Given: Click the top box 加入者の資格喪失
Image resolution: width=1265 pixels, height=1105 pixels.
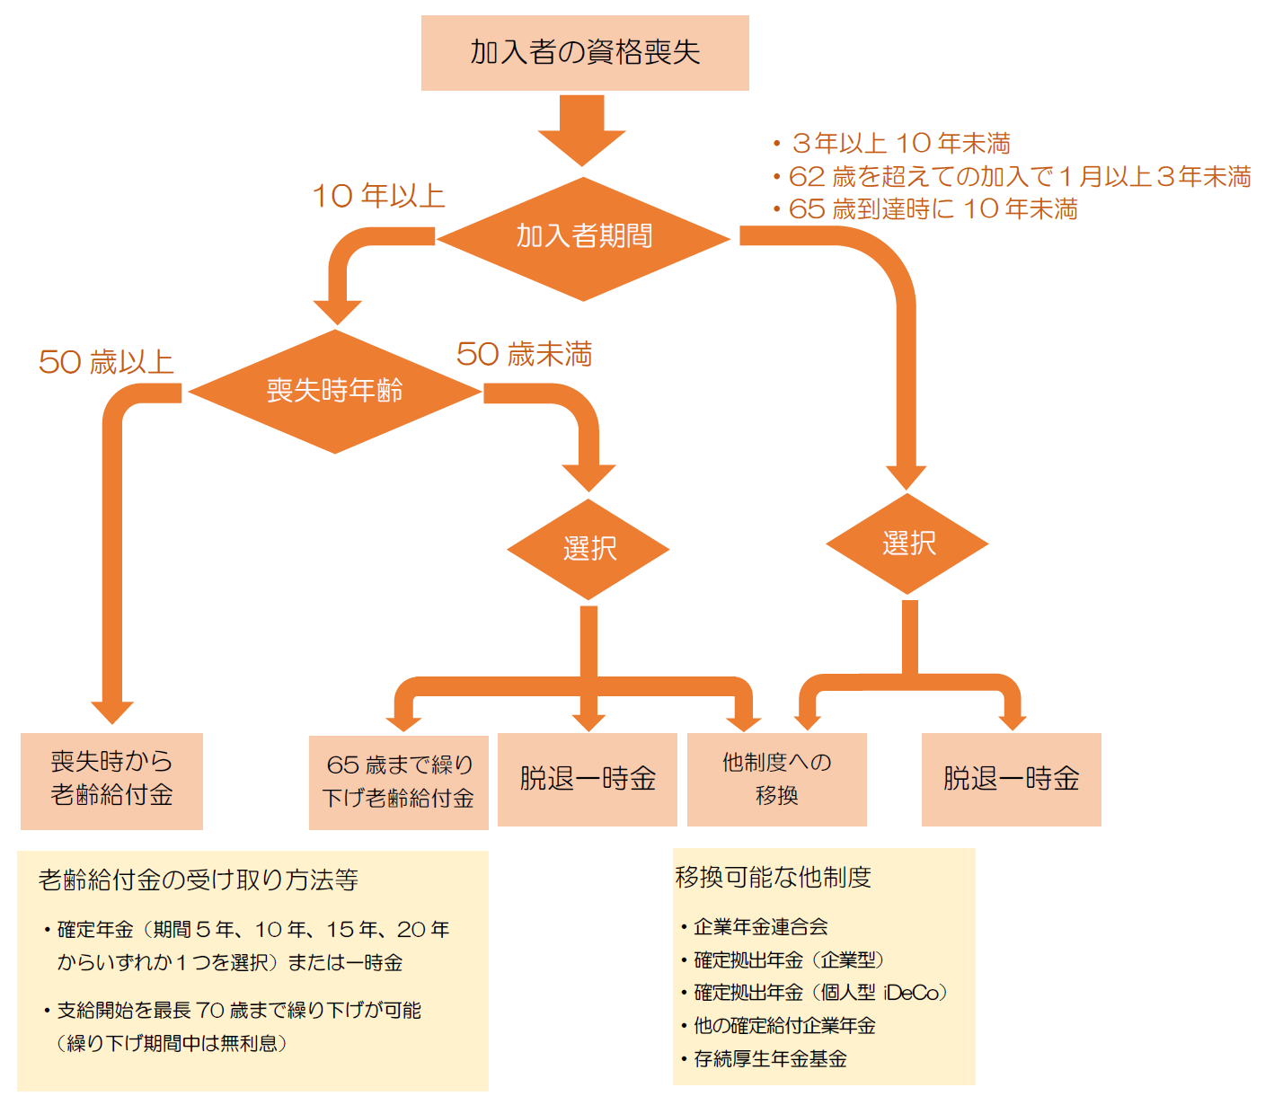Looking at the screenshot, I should tap(585, 53).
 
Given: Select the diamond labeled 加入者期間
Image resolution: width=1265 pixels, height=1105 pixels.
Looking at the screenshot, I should tap(583, 237).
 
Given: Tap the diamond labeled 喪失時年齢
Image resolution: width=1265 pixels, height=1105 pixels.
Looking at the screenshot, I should tap(334, 391).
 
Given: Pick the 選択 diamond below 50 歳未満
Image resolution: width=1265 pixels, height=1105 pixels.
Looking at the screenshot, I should tap(588, 549).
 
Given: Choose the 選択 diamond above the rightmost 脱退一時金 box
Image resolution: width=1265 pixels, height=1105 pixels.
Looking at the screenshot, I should tap(907, 544).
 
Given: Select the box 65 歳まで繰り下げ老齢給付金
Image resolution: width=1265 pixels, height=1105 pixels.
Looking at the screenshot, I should tap(398, 782).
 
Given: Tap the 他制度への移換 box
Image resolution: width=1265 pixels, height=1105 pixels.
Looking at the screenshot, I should tap(776, 779).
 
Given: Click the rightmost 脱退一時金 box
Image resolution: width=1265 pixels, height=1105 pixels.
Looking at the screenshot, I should tap(1011, 779).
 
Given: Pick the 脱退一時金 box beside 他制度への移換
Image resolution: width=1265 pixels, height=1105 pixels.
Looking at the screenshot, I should tap(587, 779).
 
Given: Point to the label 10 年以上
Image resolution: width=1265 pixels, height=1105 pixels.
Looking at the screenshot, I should tap(378, 197).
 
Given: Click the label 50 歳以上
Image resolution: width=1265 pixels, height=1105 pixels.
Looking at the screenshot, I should tap(106, 362).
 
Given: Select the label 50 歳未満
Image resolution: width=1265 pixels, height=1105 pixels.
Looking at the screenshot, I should tap(524, 354).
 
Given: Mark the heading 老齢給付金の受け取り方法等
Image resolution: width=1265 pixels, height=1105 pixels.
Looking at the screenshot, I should tap(199, 880).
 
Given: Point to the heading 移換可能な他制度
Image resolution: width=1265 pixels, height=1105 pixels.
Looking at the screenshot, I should tap(774, 877).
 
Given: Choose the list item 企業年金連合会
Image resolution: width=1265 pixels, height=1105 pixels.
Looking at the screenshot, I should tap(760, 926).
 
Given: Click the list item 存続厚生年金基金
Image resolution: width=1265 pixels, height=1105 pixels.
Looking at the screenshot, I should tap(770, 1058).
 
